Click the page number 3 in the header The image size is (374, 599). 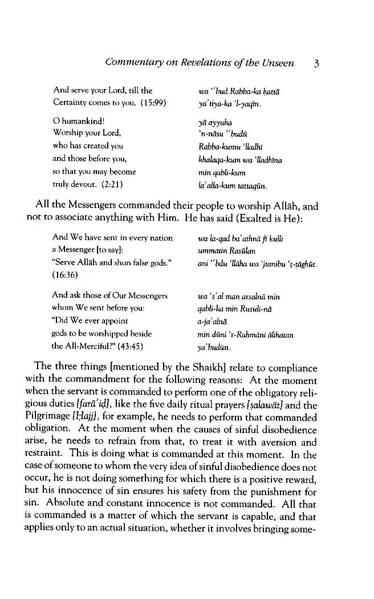click(316, 63)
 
